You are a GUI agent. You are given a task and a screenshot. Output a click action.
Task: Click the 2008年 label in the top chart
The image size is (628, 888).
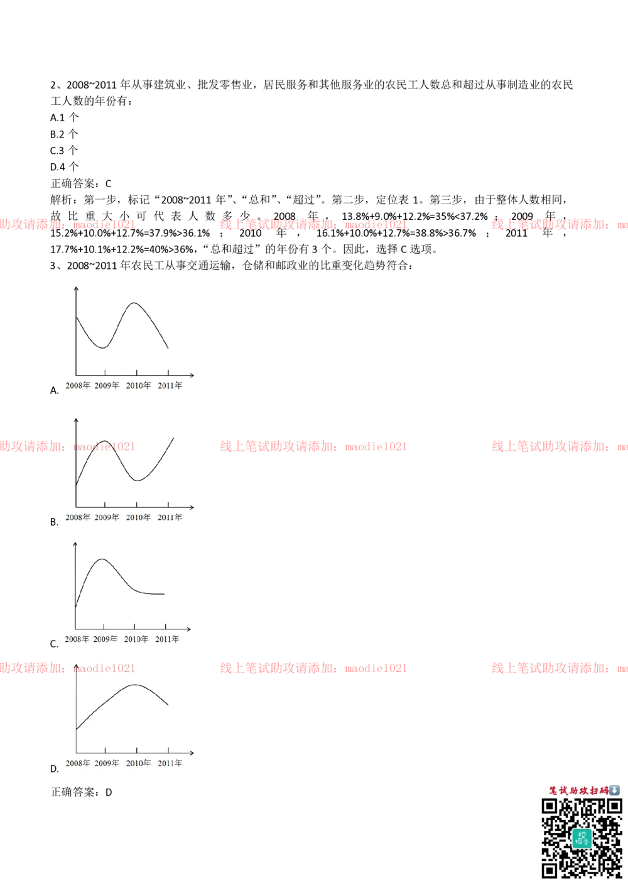pos(78,386)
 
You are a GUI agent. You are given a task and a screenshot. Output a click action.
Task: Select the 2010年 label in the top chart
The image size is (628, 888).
pos(138,386)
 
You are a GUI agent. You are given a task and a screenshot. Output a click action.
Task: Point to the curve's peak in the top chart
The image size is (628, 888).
pos(134,303)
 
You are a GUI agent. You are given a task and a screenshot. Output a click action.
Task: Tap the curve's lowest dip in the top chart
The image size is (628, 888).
pos(102,347)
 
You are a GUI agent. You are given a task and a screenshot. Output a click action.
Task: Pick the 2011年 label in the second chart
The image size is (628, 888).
pos(170,517)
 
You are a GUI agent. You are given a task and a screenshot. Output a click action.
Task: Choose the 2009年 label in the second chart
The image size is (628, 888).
pos(107,517)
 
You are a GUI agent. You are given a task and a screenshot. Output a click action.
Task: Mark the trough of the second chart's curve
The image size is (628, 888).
pos(138,480)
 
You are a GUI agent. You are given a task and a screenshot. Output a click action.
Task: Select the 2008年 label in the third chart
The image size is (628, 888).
pos(77,639)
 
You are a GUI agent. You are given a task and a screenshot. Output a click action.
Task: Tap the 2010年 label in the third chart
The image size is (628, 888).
pos(136,639)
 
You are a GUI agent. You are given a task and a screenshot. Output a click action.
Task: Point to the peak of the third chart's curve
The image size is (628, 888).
pos(102,558)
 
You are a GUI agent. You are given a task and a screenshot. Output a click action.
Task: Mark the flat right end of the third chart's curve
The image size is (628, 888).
pos(162,594)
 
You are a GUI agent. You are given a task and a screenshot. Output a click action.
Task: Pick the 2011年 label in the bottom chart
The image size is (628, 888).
pos(170,763)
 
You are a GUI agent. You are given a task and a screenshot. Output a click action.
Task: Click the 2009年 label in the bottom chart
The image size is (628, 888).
pos(107,763)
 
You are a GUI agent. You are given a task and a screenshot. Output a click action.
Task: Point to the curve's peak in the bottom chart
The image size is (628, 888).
pos(135,685)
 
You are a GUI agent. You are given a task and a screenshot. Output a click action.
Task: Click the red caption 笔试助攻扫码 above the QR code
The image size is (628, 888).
pos(578,791)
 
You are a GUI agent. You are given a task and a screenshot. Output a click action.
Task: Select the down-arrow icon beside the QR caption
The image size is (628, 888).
pos(614,790)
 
